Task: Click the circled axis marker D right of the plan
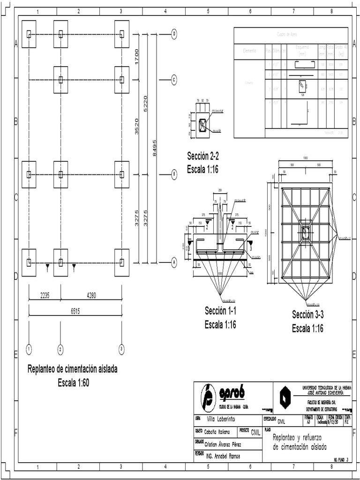click(174, 34)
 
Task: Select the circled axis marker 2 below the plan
click(60, 349)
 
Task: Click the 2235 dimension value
click(45, 296)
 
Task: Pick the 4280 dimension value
click(91, 296)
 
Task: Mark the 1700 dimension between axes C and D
click(137, 57)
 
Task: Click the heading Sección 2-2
click(203, 156)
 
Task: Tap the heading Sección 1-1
click(220, 311)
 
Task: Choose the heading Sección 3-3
click(307, 315)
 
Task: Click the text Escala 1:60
click(73, 382)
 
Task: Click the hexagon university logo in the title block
click(285, 397)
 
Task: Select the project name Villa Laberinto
click(221, 419)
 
